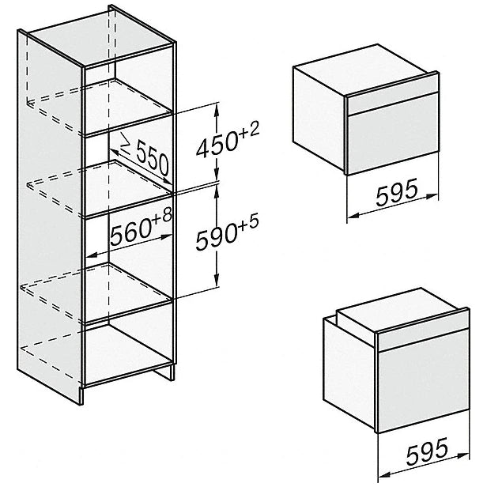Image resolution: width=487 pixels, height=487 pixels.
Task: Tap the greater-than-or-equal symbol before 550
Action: (126, 144)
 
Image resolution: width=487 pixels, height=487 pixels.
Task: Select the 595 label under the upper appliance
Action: (396, 193)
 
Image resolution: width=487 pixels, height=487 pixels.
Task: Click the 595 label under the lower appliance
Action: (427, 452)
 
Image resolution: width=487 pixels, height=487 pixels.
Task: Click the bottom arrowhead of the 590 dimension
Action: (217, 281)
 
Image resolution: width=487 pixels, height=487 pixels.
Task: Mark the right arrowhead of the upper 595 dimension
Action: (432, 196)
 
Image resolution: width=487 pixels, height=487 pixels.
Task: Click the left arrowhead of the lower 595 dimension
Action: (386, 474)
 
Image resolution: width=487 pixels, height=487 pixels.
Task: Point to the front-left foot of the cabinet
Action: (81, 395)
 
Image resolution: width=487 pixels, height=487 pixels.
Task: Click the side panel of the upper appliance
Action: (319, 118)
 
